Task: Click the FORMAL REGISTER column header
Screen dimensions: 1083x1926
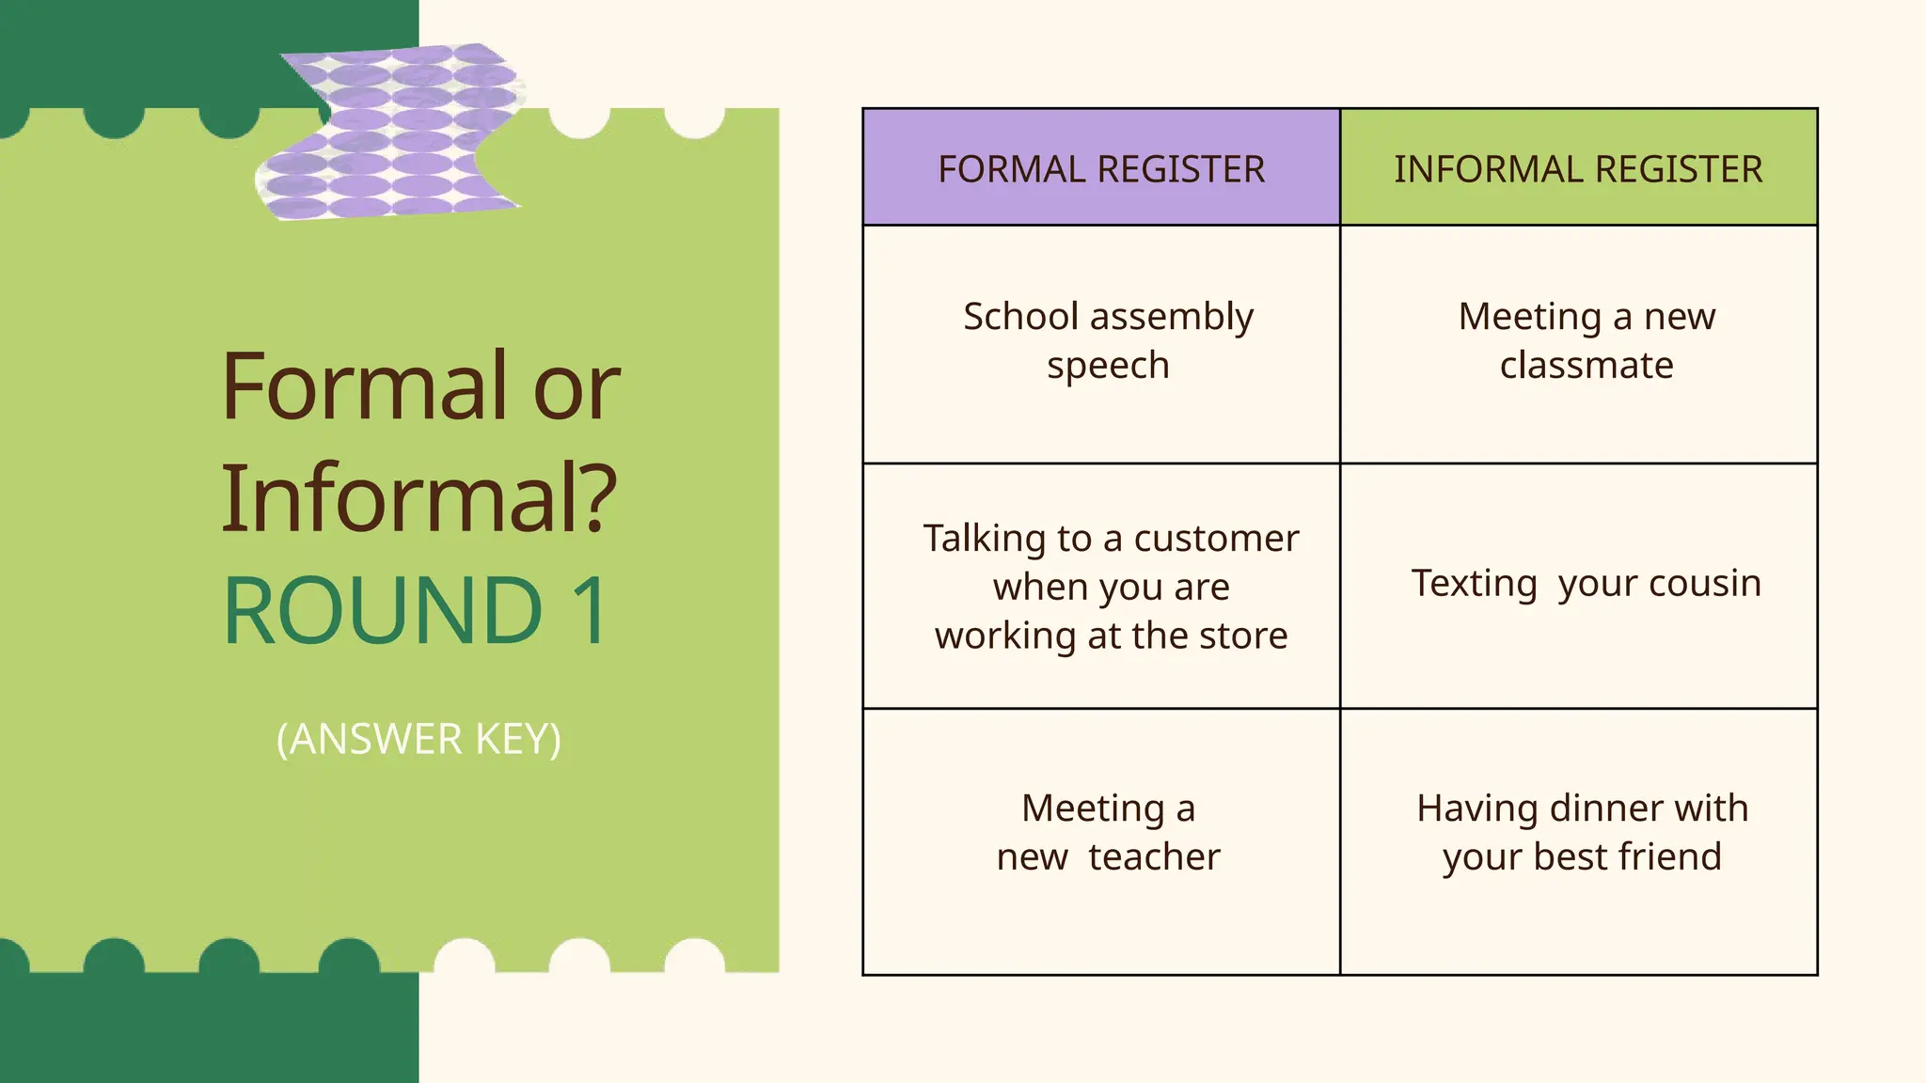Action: [1101, 169]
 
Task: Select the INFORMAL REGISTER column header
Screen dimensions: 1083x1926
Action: [1578, 169]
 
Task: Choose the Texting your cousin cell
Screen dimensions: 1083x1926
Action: [1586, 584]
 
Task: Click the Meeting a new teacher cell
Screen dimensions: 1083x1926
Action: [1108, 832]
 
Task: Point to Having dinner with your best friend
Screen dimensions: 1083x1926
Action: [1582, 832]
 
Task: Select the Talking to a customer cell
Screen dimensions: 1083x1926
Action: [1111, 587]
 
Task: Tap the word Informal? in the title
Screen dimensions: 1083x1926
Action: [419, 498]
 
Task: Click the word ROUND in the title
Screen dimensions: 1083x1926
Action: [383, 611]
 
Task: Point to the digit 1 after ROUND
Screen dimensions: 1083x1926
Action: [591, 611]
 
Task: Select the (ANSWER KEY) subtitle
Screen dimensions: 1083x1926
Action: [418, 739]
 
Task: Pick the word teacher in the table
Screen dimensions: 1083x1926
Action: [1154, 857]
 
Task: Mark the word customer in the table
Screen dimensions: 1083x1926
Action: [1216, 539]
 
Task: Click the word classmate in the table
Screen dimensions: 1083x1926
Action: [1587, 365]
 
